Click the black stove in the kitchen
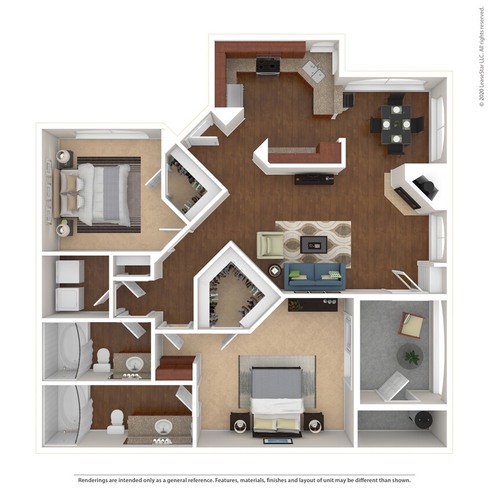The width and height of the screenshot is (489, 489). tap(268, 65)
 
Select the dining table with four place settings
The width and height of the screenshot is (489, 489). tap(396, 124)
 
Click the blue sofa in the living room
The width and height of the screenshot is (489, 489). tap(314, 276)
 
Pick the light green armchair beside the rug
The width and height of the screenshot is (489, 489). tap(269, 244)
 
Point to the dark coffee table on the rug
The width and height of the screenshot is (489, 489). tap(313, 244)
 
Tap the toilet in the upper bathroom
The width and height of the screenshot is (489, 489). tap(103, 359)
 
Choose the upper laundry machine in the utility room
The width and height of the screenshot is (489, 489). tap(70, 271)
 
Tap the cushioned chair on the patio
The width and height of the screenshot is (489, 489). tap(411, 324)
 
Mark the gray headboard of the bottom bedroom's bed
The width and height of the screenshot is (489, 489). tap(276, 383)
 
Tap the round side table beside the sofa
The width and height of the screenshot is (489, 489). tap(274, 271)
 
